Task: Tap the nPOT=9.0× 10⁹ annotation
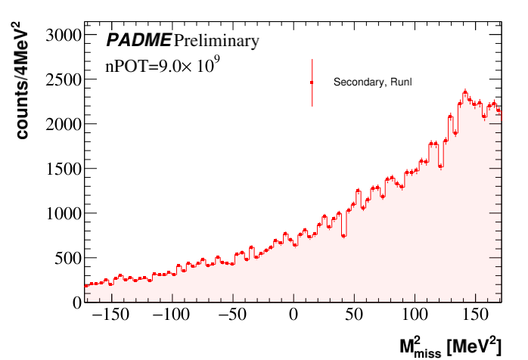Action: [162, 65]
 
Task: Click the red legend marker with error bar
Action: [312, 82]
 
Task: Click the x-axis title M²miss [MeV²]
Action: [450, 346]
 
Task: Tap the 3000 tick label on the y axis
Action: [64, 35]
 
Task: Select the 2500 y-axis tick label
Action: [64, 79]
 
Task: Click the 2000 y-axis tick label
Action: [64, 124]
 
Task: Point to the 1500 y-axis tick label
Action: [64, 169]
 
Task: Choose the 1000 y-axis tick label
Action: [64, 213]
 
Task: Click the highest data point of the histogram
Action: [465, 92]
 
